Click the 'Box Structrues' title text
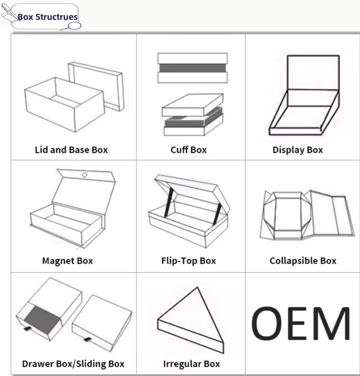pyautogui.click(x=48, y=17)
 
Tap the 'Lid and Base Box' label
pyautogui.click(x=71, y=150)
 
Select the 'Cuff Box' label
pyautogui.click(x=188, y=150)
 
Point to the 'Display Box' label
pyautogui.click(x=298, y=150)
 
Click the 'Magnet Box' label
pyautogui.click(x=68, y=261)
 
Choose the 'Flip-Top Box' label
pyautogui.click(x=188, y=261)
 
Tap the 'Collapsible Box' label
pyautogui.click(x=303, y=261)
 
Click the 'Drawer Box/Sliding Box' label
pyautogui.click(x=73, y=364)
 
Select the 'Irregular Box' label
pyautogui.click(x=192, y=364)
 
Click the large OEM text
pyautogui.click(x=301, y=323)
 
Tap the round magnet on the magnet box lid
pyautogui.click(x=85, y=175)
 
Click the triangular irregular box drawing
pyautogui.click(x=191, y=320)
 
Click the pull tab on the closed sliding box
pyautogui.click(x=88, y=339)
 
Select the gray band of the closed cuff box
pyautogui.click(x=193, y=68)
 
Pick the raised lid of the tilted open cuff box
pyautogui.click(x=193, y=105)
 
